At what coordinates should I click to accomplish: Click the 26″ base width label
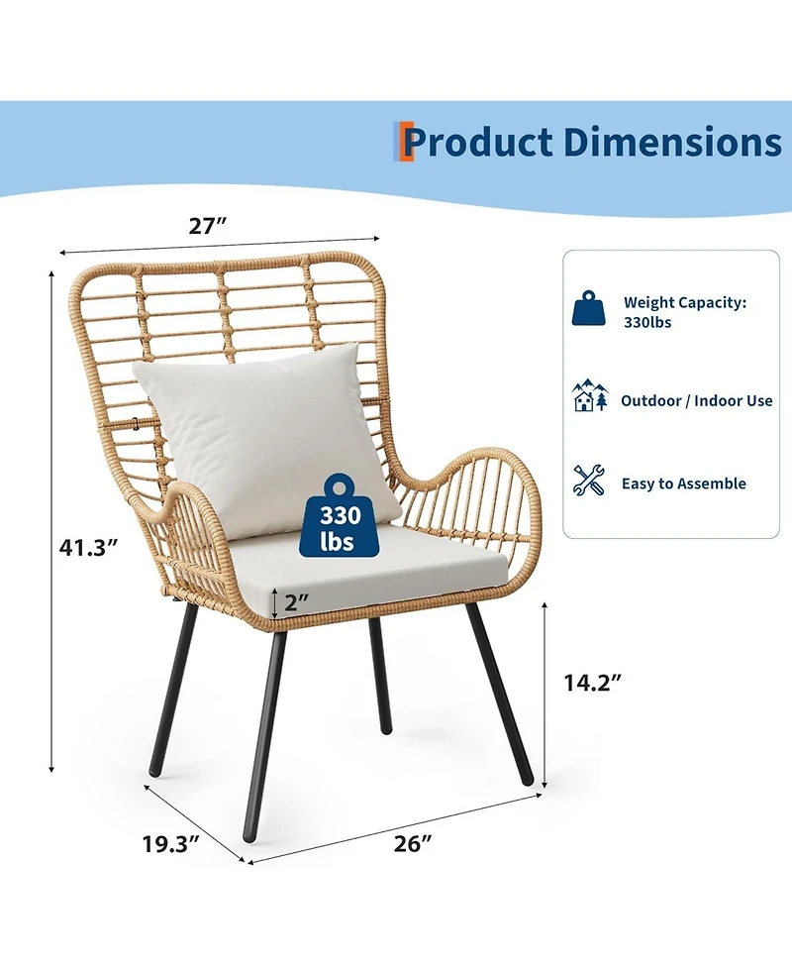pyautogui.click(x=413, y=843)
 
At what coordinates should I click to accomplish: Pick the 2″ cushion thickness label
pyautogui.click(x=297, y=600)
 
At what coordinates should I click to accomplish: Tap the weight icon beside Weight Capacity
pyautogui.click(x=589, y=310)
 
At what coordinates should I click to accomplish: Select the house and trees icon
pyautogui.click(x=590, y=396)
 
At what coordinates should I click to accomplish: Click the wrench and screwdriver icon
pyautogui.click(x=590, y=481)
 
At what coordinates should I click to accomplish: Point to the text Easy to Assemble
pyautogui.click(x=683, y=484)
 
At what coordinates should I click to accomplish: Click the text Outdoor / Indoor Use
pyautogui.click(x=696, y=400)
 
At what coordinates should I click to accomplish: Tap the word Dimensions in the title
pyautogui.click(x=672, y=142)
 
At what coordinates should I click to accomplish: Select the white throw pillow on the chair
pyautogui.click(x=262, y=436)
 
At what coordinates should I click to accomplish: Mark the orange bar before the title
pyautogui.click(x=404, y=142)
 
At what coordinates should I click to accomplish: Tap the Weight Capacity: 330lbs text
pyautogui.click(x=684, y=312)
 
